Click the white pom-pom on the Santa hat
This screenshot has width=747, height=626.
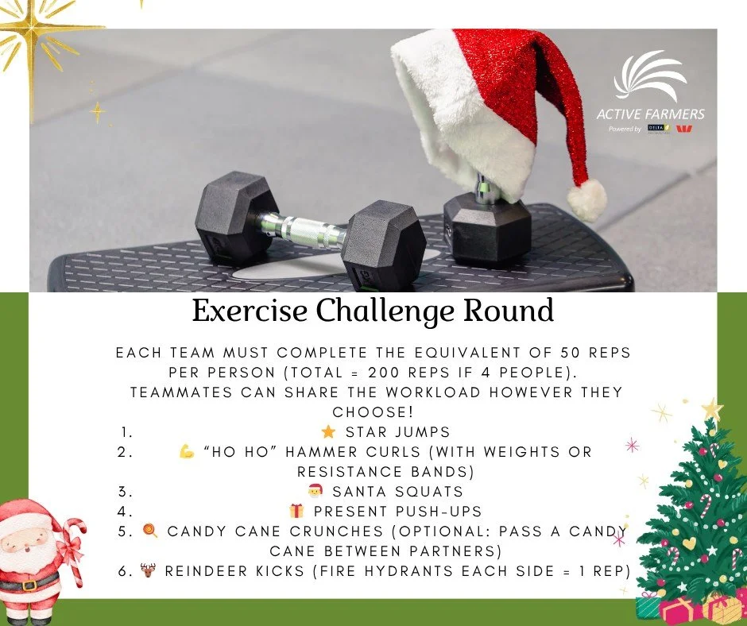pos(587,199)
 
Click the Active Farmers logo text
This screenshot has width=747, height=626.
pos(650,114)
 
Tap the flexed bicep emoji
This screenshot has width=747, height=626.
pos(188,452)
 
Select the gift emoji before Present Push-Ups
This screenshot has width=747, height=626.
pos(296,512)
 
